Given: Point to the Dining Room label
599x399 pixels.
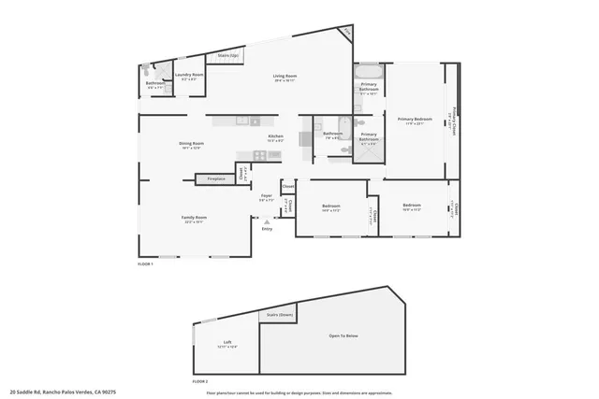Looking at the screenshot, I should tap(191, 143).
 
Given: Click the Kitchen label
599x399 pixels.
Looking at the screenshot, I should tap(275, 136).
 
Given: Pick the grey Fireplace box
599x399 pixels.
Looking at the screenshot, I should tap(215, 178).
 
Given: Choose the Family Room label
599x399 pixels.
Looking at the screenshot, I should tap(195, 218).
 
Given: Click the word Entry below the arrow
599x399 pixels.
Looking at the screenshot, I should tap(267, 228).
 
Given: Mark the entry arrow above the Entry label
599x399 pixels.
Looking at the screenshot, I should tap(267, 221).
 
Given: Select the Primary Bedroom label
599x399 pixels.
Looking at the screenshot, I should tap(415, 119).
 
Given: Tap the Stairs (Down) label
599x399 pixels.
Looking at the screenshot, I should tap(277, 315).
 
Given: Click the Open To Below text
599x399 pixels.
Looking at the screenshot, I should tap(343, 335).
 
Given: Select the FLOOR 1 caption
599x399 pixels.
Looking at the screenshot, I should tap(144, 264).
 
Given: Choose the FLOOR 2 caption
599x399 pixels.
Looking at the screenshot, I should tap(199, 381).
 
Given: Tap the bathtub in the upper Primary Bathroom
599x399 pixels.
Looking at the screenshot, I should tap(368, 71).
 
